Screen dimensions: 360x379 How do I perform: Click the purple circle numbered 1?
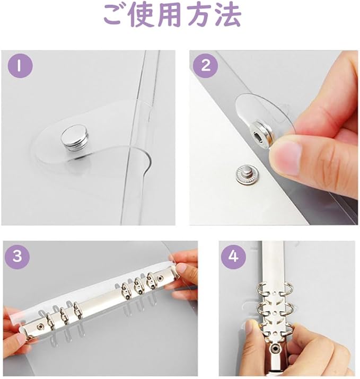click(20, 66)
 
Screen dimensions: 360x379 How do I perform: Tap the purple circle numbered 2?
click(206, 66)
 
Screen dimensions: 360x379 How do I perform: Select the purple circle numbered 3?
click(17, 256)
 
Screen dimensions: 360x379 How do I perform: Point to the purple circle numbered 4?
click(233, 256)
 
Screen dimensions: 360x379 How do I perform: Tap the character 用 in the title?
click(170, 15)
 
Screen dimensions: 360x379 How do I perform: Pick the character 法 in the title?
click(227, 15)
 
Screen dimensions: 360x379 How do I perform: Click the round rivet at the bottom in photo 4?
click(275, 349)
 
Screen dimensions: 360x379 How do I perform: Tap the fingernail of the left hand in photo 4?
click(249, 328)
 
